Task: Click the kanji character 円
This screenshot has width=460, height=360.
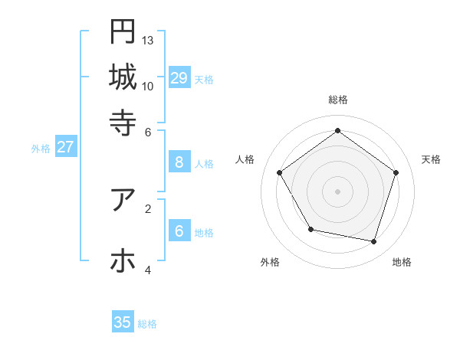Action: click(123, 31)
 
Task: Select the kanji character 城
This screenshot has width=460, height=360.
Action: click(123, 77)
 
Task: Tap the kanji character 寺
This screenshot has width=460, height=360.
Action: click(123, 122)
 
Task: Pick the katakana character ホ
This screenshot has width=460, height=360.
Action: click(123, 260)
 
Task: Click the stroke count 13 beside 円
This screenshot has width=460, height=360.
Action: click(148, 40)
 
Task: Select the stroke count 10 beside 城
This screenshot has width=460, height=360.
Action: click(148, 86)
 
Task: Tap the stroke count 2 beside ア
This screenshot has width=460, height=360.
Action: click(148, 208)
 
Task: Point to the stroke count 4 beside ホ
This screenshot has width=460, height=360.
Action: click(148, 270)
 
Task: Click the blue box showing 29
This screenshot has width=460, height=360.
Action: click(179, 77)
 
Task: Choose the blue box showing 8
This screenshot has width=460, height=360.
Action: click(179, 162)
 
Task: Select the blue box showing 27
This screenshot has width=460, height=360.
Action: click(65, 147)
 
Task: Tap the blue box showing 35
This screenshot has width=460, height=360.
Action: click(123, 322)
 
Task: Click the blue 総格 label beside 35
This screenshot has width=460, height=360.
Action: click(147, 324)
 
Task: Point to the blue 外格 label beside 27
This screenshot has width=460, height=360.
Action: click(41, 149)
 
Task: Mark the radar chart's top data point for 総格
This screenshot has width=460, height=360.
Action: click(337, 130)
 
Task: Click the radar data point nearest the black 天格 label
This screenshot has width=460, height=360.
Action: click(396, 172)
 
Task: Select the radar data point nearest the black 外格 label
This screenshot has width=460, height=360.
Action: click(310, 229)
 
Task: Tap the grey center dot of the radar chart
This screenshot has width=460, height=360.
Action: click(337, 191)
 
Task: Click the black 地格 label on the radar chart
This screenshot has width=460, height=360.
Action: click(402, 262)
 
